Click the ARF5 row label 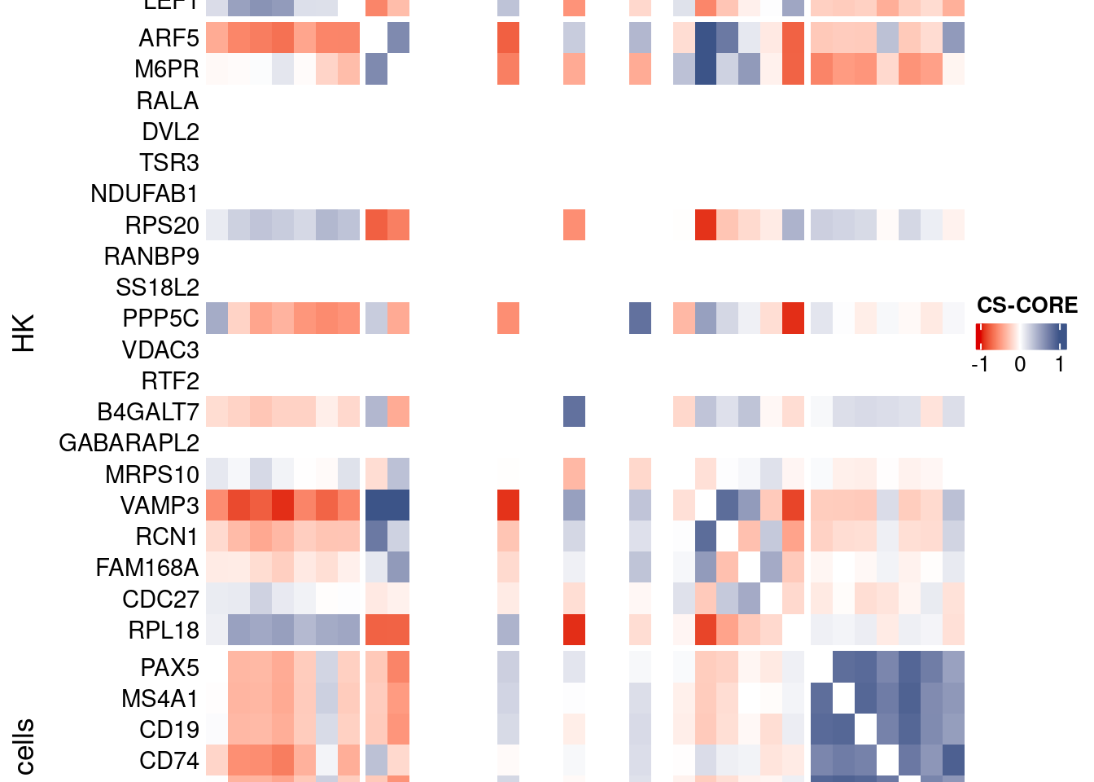[168, 38]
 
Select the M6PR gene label [166, 69]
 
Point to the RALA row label [167, 101]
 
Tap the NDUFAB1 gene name [144, 194]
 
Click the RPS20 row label [161, 225]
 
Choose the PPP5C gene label [160, 319]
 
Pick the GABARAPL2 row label [129, 443]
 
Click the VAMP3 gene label [160, 506]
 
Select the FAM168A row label [147, 568]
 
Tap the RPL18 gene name [163, 630]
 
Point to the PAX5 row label [169, 668]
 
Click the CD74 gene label [168, 761]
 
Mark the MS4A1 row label [160, 699]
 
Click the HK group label [24, 333]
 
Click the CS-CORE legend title [1026, 305]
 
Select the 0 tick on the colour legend [1020, 364]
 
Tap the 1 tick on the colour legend [1059, 364]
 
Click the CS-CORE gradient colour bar [1021, 336]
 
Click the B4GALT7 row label [147, 412]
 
